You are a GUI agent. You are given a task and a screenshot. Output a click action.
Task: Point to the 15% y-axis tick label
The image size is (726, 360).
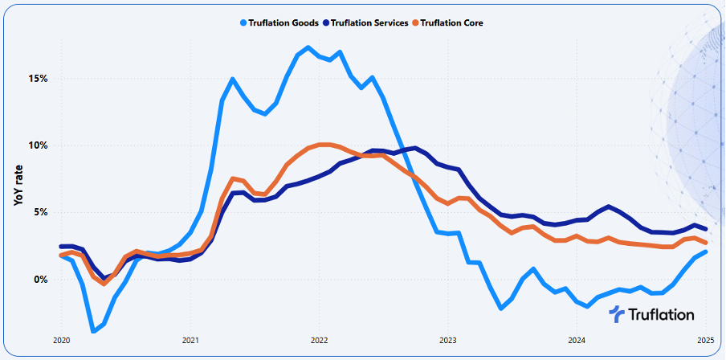pyautogui.click(x=38, y=79)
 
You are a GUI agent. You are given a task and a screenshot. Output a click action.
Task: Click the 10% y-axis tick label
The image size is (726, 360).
pyautogui.click(x=38, y=145)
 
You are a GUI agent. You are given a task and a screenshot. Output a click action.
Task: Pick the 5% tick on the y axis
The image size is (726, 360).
pyautogui.click(x=40, y=212)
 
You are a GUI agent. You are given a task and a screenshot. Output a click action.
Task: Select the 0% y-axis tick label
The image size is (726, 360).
pyautogui.click(x=40, y=280)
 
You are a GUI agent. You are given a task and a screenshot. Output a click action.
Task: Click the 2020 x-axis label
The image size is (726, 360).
pyautogui.click(x=61, y=340)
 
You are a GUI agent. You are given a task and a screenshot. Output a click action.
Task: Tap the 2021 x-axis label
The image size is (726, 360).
pyautogui.click(x=190, y=340)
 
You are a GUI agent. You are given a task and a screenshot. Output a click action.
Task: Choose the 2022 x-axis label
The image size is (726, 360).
pyautogui.click(x=319, y=340)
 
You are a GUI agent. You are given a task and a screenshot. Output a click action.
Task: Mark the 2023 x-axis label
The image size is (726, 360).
pyautogui.click(x=447, y=340)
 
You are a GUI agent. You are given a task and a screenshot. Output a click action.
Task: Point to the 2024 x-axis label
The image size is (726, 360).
pyautogui.click(x=576, y=340)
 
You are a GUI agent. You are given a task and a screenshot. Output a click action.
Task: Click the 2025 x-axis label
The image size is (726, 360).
pyautogui.click(x=704, y=340)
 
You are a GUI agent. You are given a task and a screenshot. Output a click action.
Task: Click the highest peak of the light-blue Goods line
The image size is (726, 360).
pyautogui.click(x=308, y=48)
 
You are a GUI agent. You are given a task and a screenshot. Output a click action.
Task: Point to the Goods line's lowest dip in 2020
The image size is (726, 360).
pyautogui.click(x=93, y=330)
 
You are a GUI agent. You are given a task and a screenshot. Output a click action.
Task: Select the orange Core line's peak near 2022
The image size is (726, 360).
pyautogui.click(x=322, y=145)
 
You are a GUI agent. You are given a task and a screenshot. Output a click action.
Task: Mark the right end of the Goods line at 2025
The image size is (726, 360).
pyautogui.click(x=705, y=252)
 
